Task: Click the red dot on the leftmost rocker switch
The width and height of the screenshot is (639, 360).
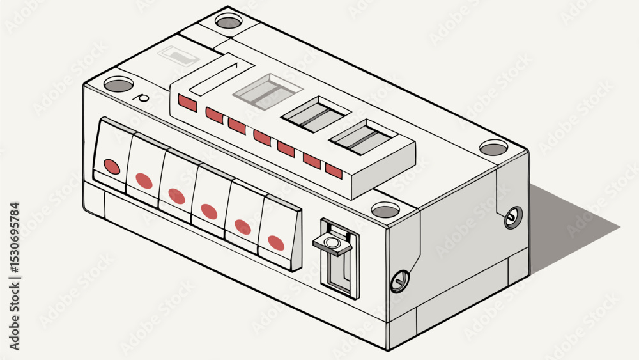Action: click(x=112, y=166)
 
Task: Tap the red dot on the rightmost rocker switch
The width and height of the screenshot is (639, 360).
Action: click(x=276, y=243)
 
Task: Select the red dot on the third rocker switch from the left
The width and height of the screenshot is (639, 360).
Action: click(x=176, y=196)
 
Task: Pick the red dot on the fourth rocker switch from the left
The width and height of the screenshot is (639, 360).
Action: click(x=209, y=212)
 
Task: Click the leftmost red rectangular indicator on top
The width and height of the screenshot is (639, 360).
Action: click(x=187, y=103)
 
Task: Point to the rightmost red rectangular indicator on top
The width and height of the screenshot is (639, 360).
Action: click(x=334, y=171)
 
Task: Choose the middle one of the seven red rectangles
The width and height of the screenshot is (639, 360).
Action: click(x=262, y=137)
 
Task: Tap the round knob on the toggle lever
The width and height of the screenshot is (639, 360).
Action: click(x=332, y=243)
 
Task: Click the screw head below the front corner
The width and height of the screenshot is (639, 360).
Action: click(x=400, y=282)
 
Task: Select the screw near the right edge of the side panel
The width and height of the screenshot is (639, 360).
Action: click(x=512, y=217)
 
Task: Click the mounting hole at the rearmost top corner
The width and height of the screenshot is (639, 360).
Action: click(x=228, y=21)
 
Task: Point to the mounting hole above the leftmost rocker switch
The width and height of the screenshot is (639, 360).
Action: click(x=119, y=84)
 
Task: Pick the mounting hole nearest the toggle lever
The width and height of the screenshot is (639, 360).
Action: click(x=385, y=210)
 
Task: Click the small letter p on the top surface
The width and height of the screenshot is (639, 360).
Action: click(x=142, y=98)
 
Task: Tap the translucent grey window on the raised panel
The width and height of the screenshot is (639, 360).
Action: click(x=268, y=91)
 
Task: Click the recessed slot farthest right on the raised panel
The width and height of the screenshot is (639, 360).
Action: click(x=363, y=137)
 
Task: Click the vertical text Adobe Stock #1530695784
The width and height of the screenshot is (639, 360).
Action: click(x=14, y=276)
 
